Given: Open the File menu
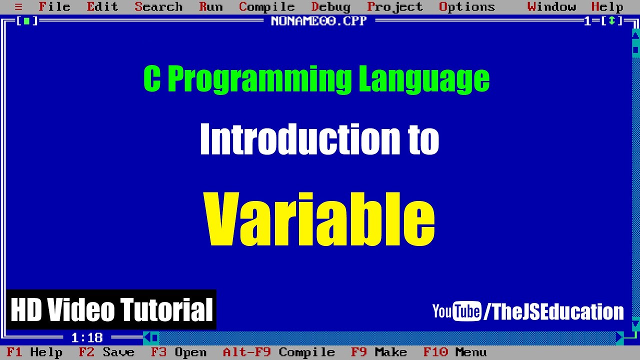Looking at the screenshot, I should coord(54,7).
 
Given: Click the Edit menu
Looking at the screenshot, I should coord(102,7).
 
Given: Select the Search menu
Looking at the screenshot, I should coord(158,7).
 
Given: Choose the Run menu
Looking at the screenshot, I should coord(210,7).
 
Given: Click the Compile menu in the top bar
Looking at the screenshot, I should coord(267,7).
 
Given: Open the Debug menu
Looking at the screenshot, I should coord(331,7).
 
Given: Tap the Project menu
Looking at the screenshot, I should coord(395,7).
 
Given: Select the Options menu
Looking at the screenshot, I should coord(466,7).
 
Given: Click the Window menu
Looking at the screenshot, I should coord(551,7).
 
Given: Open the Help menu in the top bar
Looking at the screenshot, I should coord(607,7).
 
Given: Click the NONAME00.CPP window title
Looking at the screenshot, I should coord(318,21).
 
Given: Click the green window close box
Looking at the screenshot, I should coord(27,21).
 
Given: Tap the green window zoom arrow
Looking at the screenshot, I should coord(611,21).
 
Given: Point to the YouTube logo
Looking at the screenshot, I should coord(456,311).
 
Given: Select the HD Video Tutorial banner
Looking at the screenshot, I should coord(111,309).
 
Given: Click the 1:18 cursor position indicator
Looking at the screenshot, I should coord(87,338).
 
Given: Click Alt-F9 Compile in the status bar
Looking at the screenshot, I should coord(278,352).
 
